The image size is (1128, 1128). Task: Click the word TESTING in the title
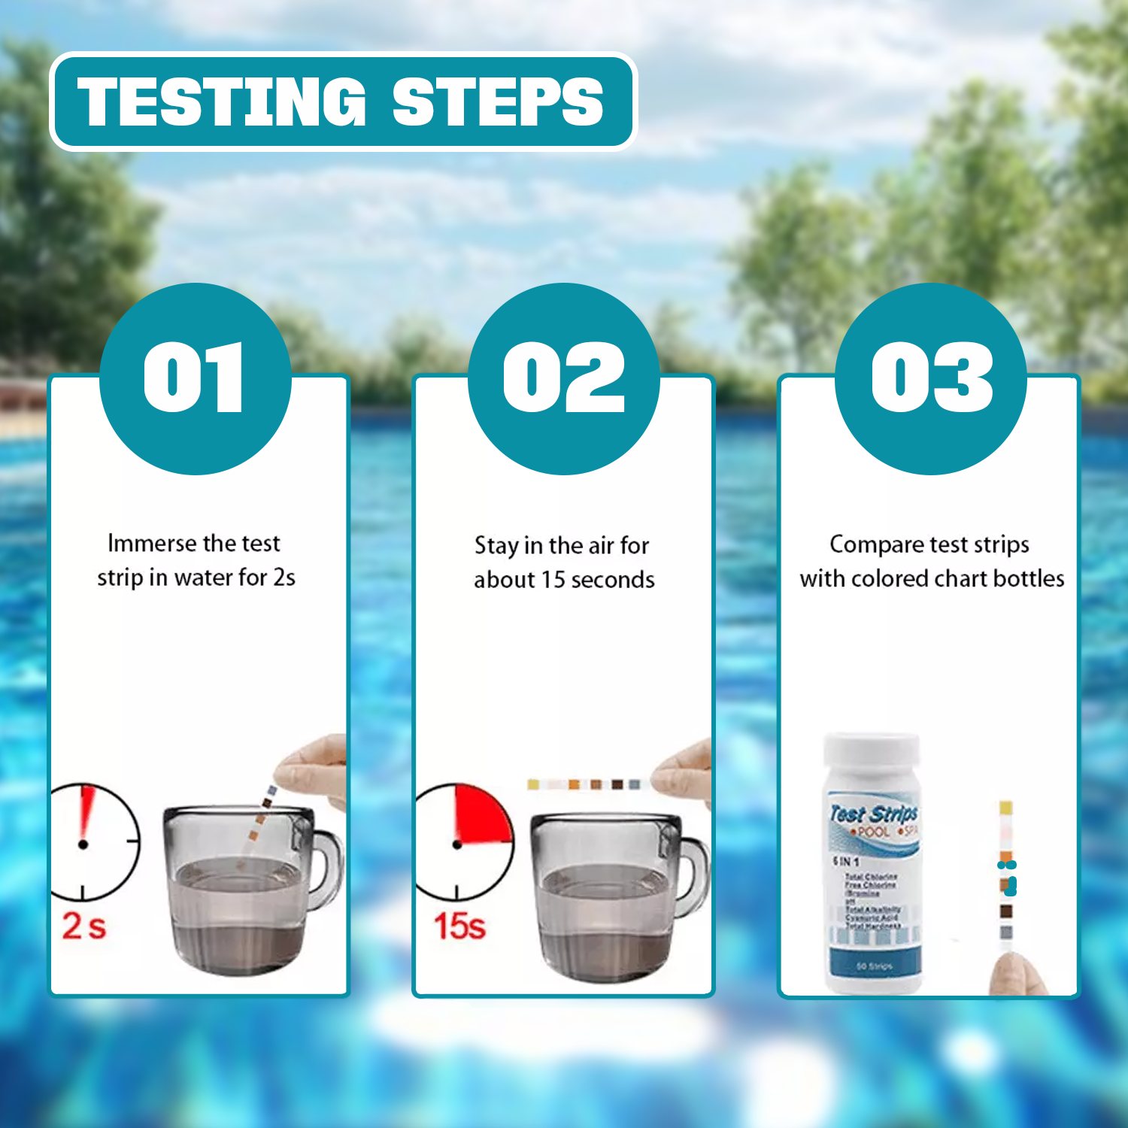click(x=221, y=102)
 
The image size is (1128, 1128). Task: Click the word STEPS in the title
click(x=497, y=102)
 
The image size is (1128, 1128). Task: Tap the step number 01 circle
click(x=195, y=378)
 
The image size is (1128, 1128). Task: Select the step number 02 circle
click(x=563, y=378)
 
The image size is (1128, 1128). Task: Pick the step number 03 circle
click(x=931, y=378)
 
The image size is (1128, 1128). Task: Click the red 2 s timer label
click(x=83, y=926)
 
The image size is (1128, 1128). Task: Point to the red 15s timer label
click(x=459, y=926)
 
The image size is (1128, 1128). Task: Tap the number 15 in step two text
click(x=553, y=580)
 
